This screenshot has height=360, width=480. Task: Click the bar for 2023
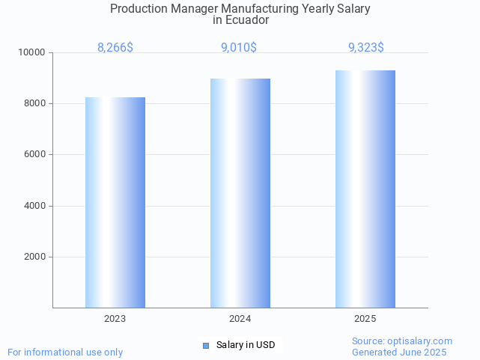pos(115,202)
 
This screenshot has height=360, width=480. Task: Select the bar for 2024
pos(240,193)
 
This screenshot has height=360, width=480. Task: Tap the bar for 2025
pos(365,189)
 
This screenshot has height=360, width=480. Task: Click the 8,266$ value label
pos(115,47)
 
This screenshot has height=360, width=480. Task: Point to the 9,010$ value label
pos(239,47)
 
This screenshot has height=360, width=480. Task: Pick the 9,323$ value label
pos(366,47)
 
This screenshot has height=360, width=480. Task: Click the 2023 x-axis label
pos(115,319)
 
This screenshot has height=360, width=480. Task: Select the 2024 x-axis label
pos(240,319)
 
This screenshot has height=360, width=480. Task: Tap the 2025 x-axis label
pos(365,319)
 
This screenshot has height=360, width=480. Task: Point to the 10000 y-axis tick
pos(32,52)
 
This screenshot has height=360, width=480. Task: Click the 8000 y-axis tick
pos(34,103)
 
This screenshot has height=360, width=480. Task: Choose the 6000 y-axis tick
pos(34,155)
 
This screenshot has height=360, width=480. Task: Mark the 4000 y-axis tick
pos(34,206)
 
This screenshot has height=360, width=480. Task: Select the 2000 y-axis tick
pos(34,257)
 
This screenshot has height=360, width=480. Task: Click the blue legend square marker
pos(206,345)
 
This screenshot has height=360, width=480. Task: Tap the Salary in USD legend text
pos(246,345)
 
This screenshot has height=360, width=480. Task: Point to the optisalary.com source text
pos(402,341)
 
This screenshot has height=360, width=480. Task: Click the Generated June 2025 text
pos(399,352)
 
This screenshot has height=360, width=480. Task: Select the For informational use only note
pos(65,352)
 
